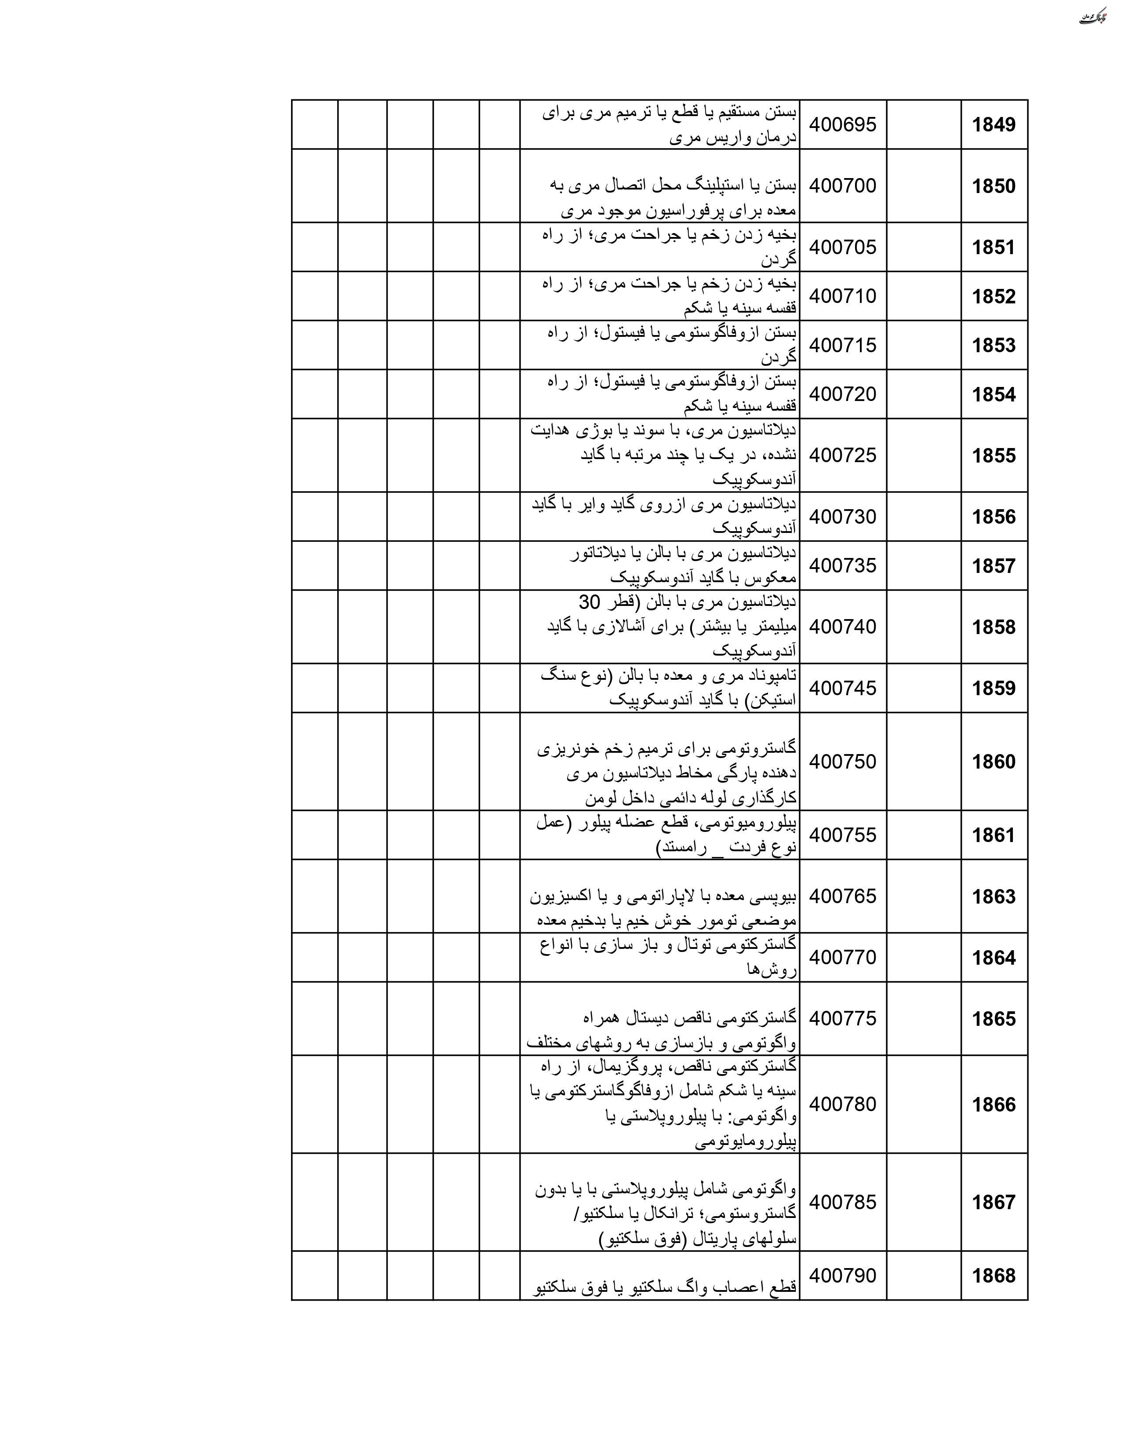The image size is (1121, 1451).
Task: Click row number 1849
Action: pos(994,125)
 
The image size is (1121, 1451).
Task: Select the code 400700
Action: pos(842,186)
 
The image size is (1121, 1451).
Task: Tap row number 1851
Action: pos(994,247)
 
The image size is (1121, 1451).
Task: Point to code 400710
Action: pos(842,295)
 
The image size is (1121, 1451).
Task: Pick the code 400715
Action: pos(842,345)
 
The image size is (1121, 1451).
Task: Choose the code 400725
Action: pos(842,455)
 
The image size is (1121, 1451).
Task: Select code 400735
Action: pos(842,565)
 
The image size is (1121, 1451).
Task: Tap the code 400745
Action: pos(842,688)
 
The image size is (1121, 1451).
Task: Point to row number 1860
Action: pos(994,762)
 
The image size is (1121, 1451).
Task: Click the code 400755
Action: pos(842,835)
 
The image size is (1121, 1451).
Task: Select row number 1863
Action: pos(994,896)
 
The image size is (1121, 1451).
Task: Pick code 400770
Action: pos(842,957)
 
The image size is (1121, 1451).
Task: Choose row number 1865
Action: pos(994,1018)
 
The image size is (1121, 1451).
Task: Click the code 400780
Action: pos(842,1104)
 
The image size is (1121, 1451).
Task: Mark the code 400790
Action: pos(842,1275)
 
